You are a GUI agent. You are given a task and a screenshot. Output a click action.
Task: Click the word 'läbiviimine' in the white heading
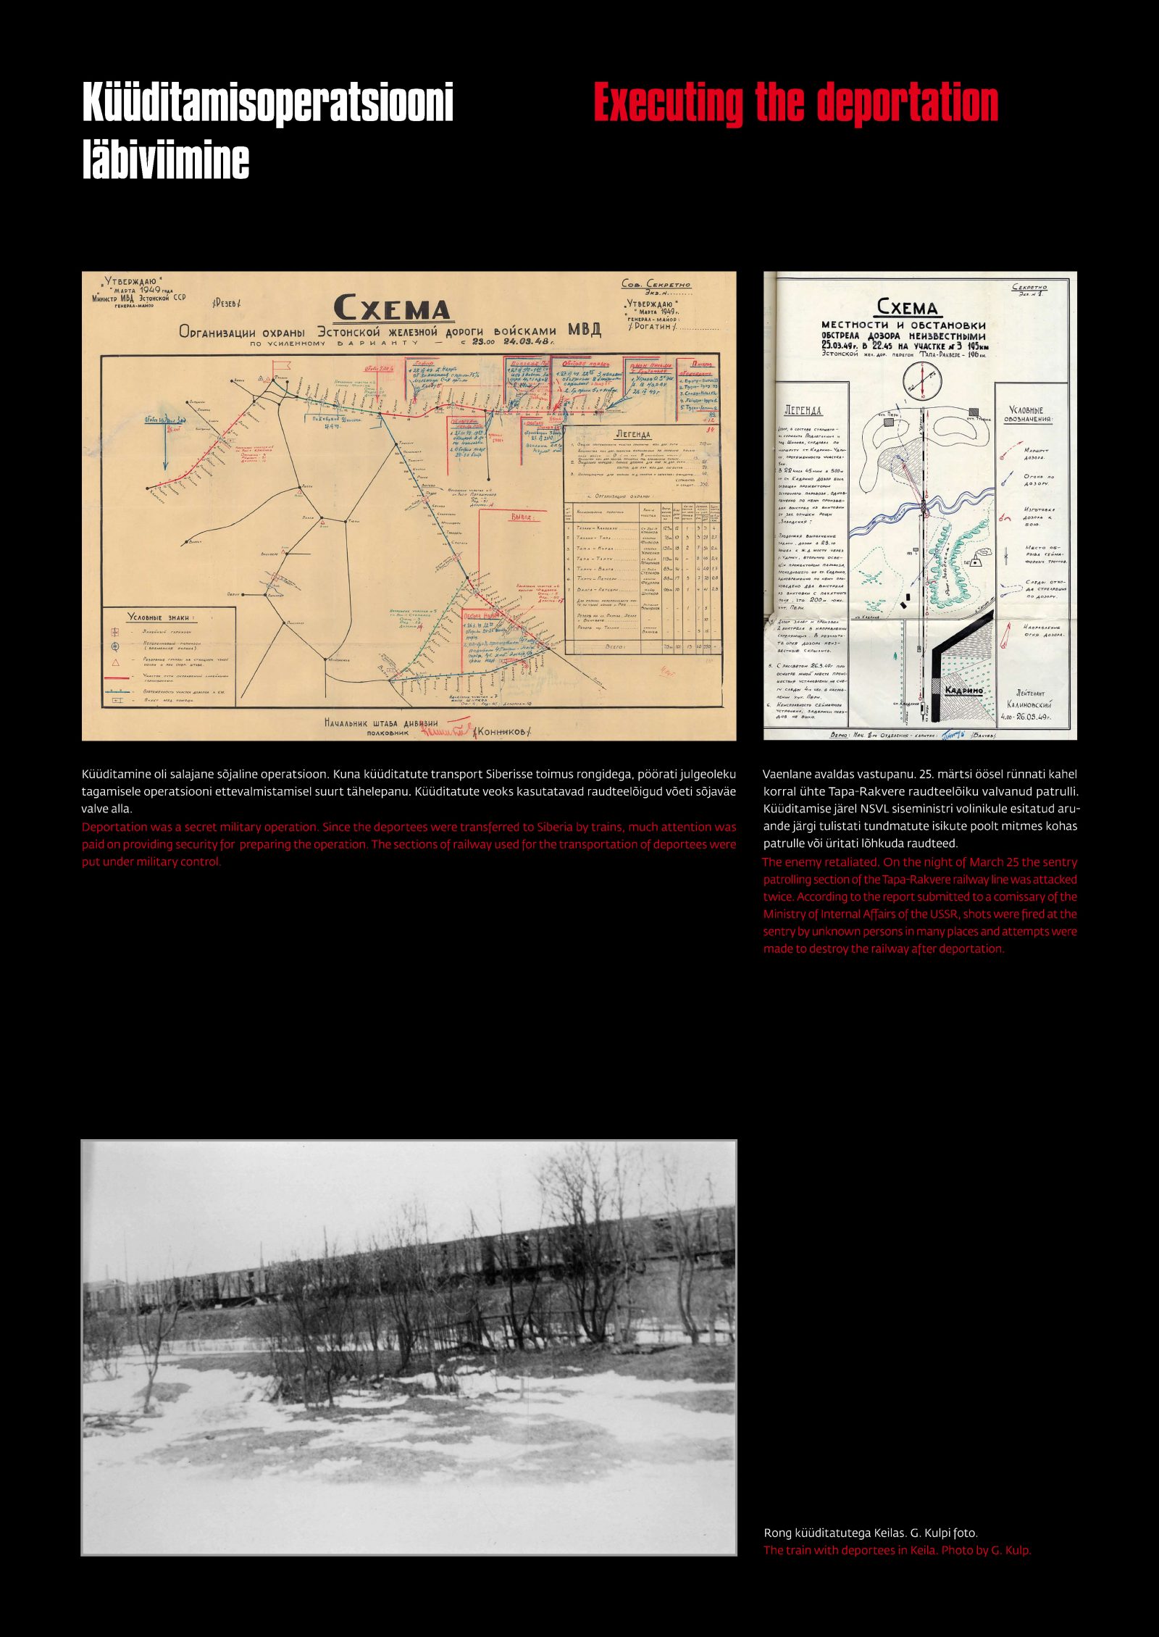166,160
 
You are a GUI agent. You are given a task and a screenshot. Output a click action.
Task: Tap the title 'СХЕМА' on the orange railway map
393,309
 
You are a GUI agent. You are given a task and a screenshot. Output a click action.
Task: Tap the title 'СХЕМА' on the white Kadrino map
907,307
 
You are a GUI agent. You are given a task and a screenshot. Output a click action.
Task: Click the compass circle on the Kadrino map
922,379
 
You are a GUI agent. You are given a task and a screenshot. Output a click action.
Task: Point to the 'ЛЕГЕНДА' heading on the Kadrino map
803,410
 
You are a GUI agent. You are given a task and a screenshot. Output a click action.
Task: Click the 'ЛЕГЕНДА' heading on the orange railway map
633,433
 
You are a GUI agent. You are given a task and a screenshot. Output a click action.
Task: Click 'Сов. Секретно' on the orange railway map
656,284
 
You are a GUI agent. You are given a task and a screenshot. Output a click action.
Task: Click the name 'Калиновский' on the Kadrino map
1029,704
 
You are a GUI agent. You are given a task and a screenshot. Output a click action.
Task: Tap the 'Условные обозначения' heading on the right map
1028,415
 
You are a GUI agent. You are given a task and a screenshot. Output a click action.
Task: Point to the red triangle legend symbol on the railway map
115,661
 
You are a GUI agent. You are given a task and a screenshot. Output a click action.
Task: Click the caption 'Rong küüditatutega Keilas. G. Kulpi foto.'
870,1533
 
